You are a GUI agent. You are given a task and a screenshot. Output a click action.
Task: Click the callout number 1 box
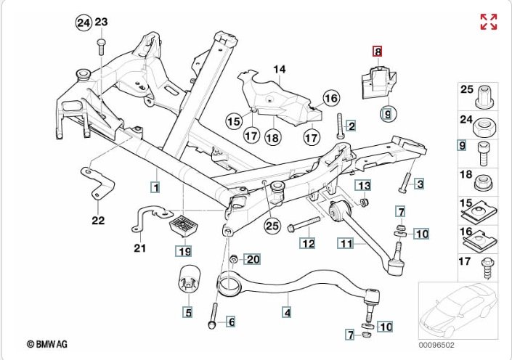coord(155,187)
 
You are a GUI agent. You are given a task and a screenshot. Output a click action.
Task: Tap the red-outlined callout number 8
coord(378,52)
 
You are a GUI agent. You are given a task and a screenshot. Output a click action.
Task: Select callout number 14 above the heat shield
coord(280,70)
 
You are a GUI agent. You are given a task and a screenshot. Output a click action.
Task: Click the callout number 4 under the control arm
coord(287,313)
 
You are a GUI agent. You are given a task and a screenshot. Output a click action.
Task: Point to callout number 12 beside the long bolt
coord(309,243)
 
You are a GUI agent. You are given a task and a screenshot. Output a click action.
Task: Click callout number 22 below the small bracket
coord(98,220)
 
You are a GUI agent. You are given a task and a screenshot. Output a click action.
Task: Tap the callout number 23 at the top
coord(101,22)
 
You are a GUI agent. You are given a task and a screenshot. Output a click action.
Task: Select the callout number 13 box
coord(363,185)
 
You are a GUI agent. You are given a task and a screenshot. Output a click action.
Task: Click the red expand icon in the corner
coord(488,22)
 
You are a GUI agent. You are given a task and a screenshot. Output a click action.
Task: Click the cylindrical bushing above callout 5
coord(189,281)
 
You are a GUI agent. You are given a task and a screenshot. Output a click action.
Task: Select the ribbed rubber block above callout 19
coord(184,226)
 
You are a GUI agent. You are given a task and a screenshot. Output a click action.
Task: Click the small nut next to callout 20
coord(234,259)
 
